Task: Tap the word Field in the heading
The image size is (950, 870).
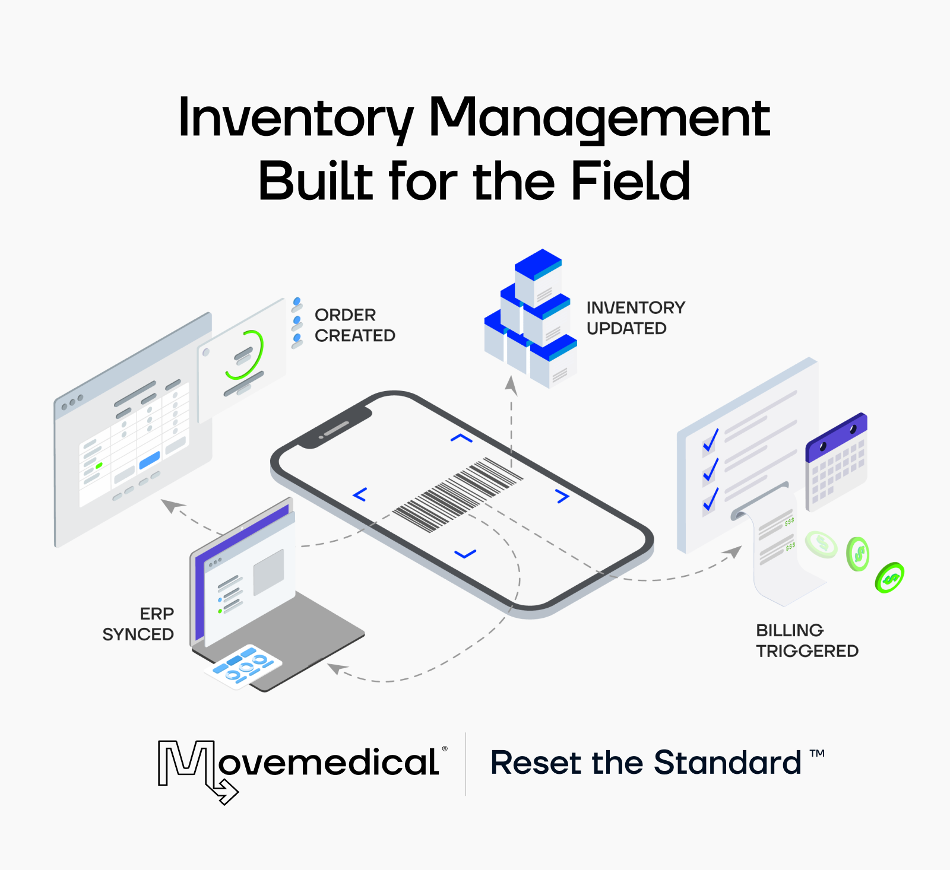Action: click(x=630, y=181)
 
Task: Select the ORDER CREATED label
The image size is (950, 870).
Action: click(x=354, y=325)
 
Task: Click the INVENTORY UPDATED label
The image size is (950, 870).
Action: click(x=635, y=318)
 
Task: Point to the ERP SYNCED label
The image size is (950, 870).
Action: click(x=139, y=624)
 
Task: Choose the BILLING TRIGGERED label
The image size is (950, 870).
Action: click(x=806, y=640)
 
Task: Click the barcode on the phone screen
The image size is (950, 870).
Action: click(x=457, y=494)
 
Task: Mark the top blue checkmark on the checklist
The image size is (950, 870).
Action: click(x=711, y=440)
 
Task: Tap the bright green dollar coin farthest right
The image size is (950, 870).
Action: click(x=889, y=577)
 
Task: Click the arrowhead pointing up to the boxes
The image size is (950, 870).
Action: click(x=511, y=385)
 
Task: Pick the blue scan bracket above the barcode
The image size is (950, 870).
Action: click(x=461, y=439)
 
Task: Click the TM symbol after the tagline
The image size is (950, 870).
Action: click(x=817, y=753)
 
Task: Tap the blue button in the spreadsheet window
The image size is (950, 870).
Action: click(x=150, y=459)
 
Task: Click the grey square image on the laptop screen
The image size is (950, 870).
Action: click(x=268, y=572)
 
